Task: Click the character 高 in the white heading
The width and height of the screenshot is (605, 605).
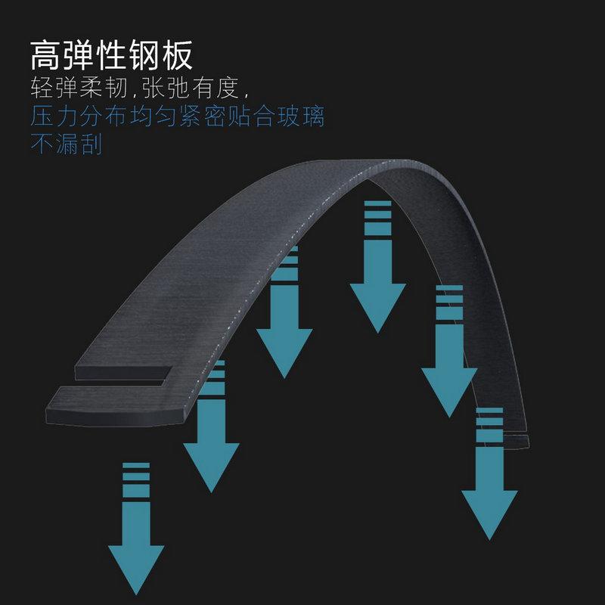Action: [47, 54]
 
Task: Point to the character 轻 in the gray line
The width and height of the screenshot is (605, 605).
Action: [42, 89]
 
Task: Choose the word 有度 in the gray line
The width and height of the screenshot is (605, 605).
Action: [215, 89]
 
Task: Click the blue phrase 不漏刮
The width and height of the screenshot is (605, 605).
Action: [66, 144]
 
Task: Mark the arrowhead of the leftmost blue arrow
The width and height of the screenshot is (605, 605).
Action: [136, 567]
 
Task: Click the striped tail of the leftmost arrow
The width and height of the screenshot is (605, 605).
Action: [136, 480]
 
